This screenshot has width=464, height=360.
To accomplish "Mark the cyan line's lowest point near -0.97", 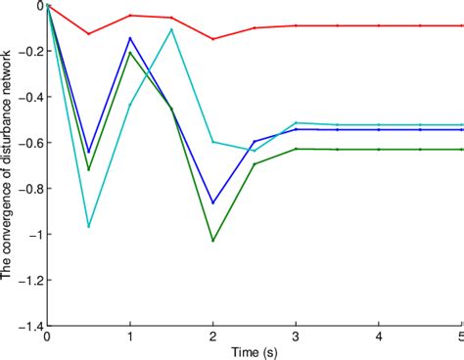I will (x=89, y=227).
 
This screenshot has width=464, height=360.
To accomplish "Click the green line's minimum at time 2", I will (x=213, y=241).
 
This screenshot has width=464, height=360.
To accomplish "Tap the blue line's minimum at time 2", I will (x=213, y=202).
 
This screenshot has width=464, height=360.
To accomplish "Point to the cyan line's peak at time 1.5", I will (x=172, y=29).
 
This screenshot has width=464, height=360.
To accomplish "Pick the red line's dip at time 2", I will (x=213, y=39).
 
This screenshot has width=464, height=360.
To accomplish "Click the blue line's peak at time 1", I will (x=130, y=38).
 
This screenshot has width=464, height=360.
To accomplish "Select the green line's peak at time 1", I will (x=130, y=52).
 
